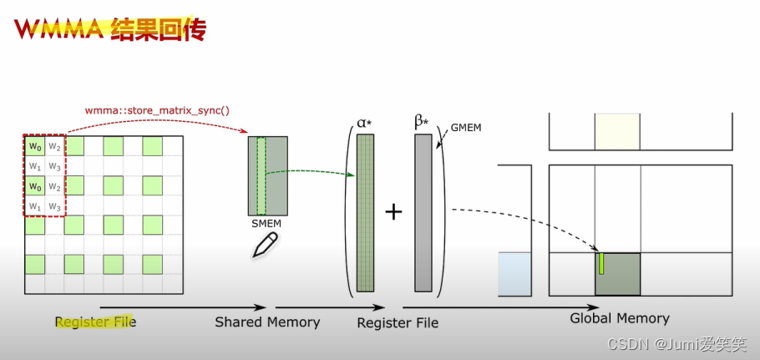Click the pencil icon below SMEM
click(266, 245)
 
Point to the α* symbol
click(365, 123)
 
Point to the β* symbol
click(422, 122)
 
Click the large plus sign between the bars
click(394, 212)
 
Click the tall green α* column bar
click(366, 213)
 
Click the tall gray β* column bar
click(423, 213)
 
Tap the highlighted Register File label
click(95, 322)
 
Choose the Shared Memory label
click(267, 322)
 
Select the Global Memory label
click(619, 318)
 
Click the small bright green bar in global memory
click(600, 263)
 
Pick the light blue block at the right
click(514, 274)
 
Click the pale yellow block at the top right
click(616, 132)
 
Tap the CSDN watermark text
click(676, 343)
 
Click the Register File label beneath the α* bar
click(398, 322)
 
